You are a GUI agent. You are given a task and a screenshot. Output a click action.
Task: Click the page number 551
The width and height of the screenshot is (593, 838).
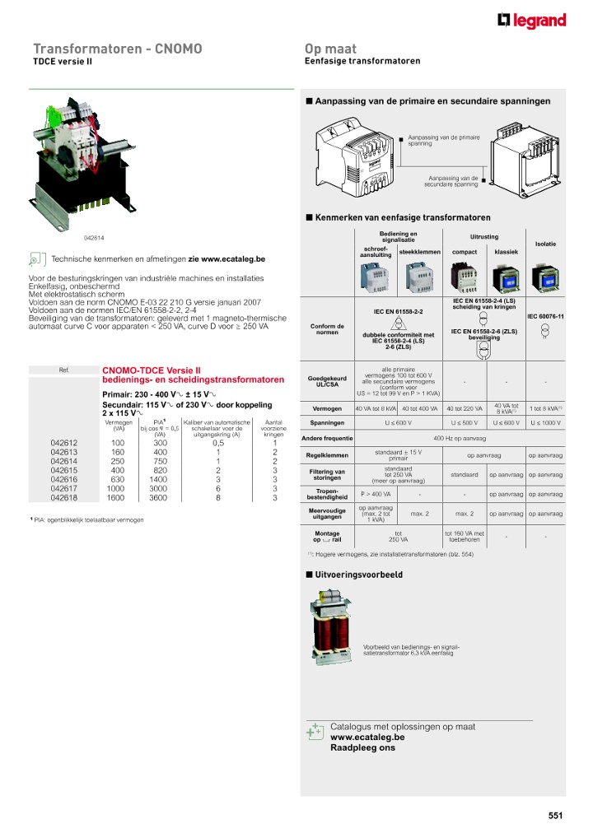[555, 816]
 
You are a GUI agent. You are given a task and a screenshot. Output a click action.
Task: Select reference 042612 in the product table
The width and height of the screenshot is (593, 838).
[64, 443]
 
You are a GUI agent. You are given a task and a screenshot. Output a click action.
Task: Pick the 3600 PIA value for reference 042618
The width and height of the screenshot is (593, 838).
[160, 498]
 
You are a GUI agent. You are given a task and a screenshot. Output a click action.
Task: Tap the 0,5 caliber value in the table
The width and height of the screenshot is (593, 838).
[217, 443]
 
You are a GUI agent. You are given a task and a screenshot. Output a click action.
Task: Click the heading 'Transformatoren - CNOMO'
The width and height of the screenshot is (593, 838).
[117, 49]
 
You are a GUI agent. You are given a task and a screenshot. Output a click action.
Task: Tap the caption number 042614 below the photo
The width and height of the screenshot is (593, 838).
[96, 238]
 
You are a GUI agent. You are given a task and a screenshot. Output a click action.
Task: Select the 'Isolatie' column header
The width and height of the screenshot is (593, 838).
[545, 244]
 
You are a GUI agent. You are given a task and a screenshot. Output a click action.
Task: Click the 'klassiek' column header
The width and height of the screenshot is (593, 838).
[506, 252]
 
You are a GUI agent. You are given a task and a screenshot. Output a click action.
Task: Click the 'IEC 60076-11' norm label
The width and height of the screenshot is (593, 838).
[544, 316]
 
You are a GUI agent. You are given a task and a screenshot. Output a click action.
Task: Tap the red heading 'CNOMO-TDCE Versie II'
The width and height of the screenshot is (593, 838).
[151, 370]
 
